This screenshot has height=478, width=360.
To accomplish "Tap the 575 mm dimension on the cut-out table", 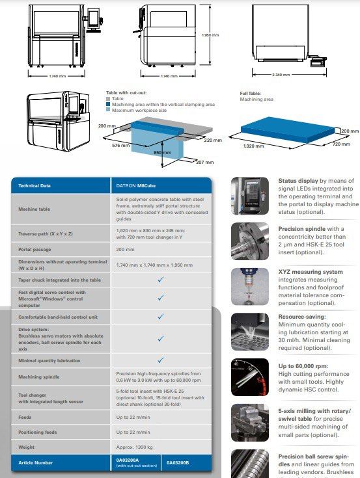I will tap(121, 145).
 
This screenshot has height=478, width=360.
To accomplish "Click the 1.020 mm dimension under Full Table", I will tap(255, 146).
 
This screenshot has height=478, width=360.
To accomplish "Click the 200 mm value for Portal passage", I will tap(126, 248).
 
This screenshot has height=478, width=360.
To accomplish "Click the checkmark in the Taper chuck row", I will tap(160, 279).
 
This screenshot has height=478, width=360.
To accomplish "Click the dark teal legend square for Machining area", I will tap(108, 104).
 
